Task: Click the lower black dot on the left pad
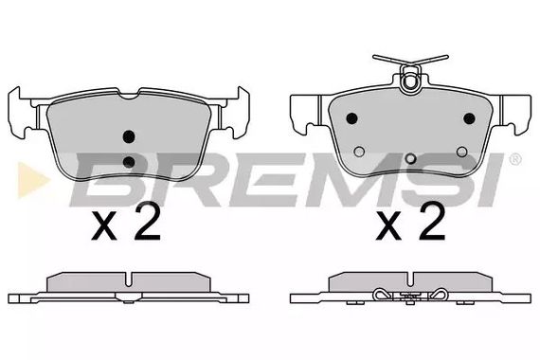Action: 130,162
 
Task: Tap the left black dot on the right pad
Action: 351,118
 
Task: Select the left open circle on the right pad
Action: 357,151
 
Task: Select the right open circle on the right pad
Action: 461,151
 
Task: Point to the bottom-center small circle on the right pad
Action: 409,160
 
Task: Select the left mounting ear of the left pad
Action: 21,109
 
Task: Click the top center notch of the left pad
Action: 130,94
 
